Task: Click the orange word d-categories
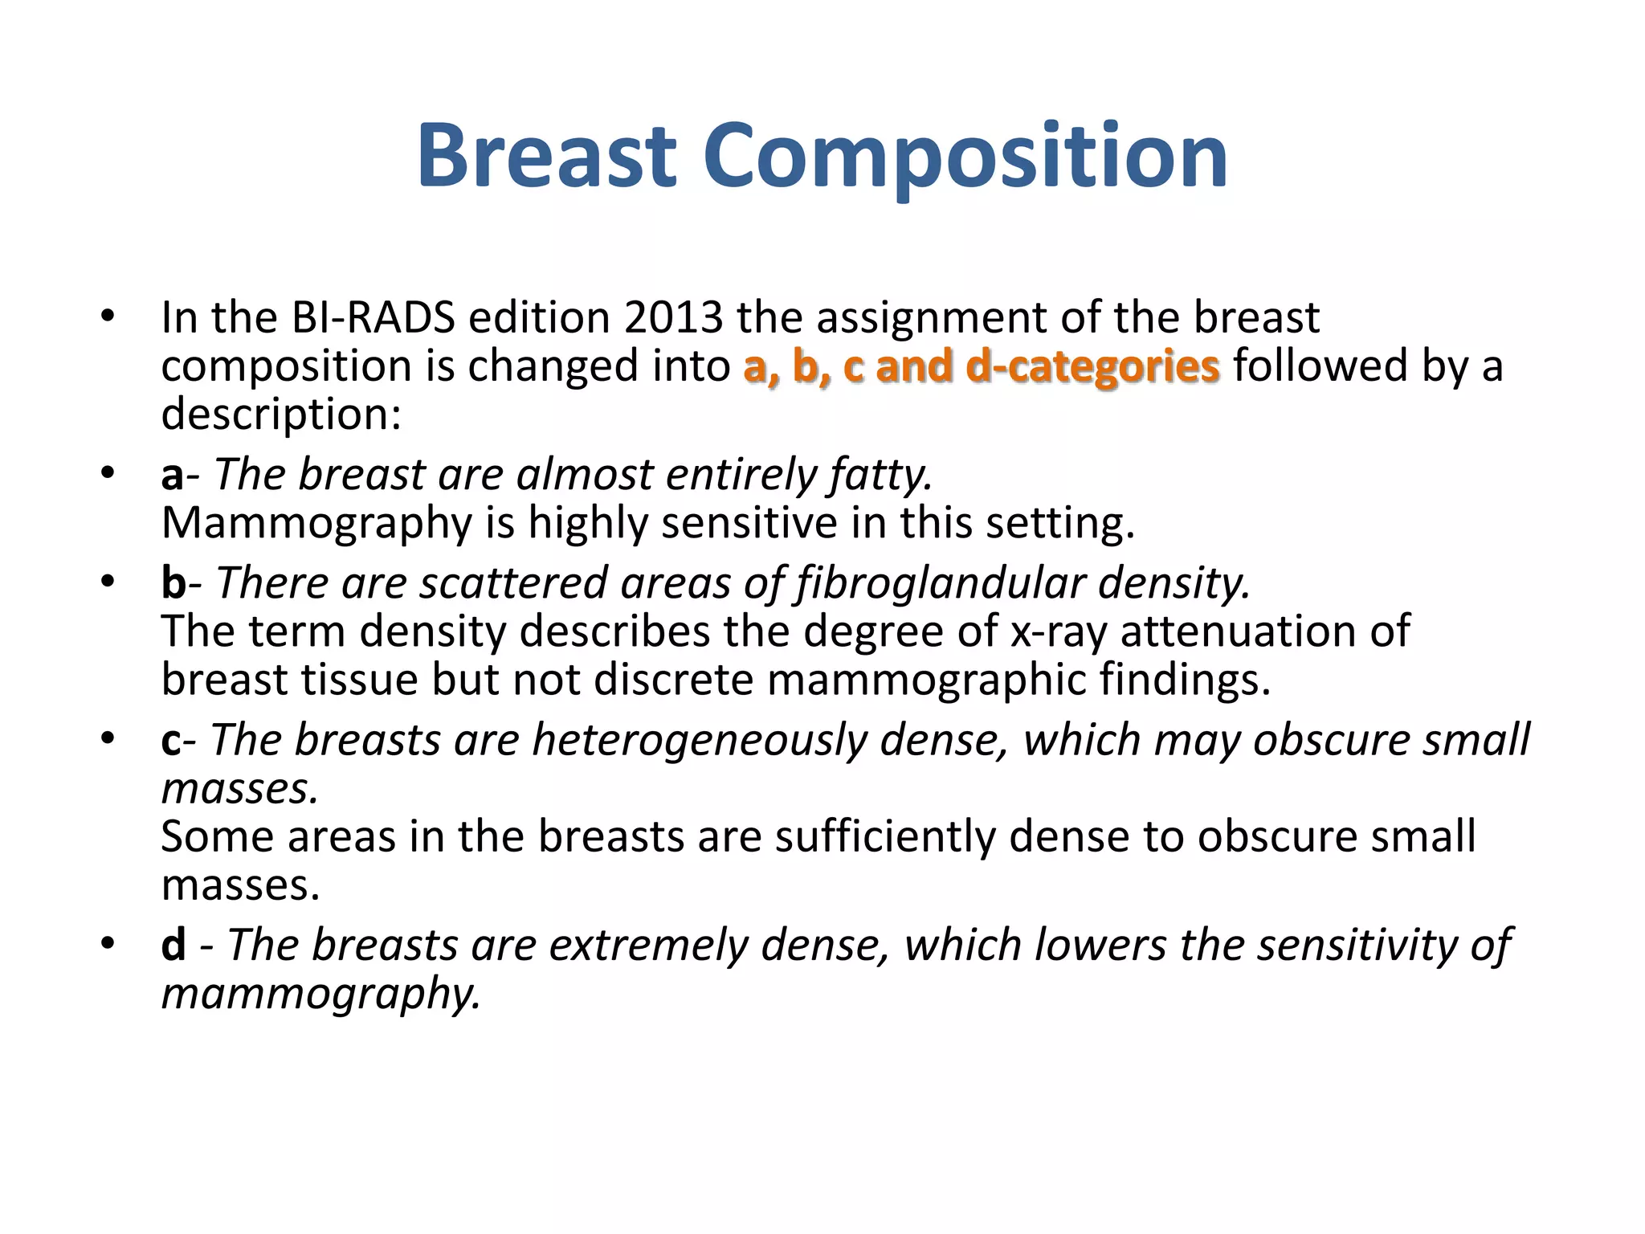tap(1092, 366)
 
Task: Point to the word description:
tap(281, 415)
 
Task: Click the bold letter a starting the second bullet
tap(172, 475)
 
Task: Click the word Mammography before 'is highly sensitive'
tap(316, 524)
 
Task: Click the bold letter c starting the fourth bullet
tap(171, 740)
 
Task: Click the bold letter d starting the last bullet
tap(173, 945)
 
